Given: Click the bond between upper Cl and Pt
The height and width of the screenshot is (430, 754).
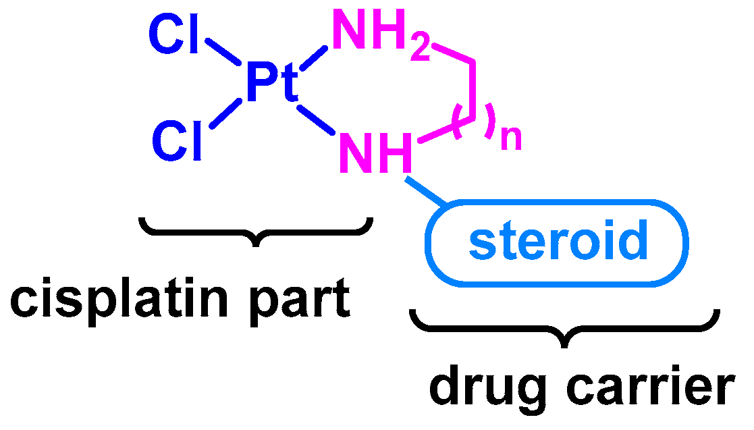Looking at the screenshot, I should coord(222,53).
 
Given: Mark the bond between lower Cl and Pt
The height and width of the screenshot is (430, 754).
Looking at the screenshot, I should coord(225,112).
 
